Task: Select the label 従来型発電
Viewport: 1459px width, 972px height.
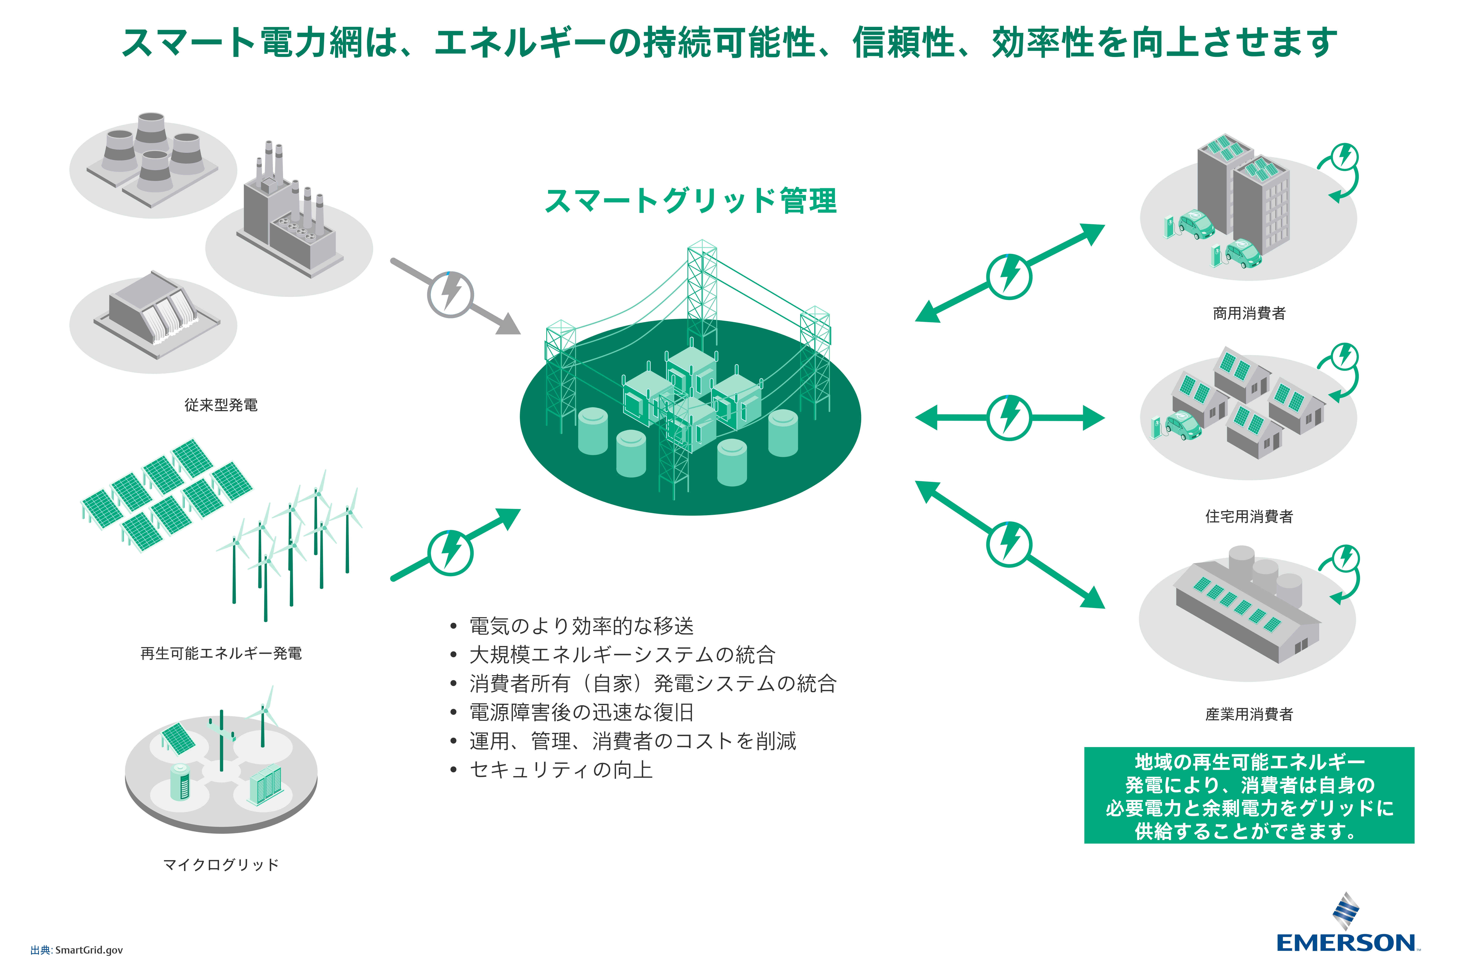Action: click(221, 405)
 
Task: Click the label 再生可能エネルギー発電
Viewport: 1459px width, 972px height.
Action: click(221, 653)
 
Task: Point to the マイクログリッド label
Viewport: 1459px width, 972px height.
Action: click(221, 864)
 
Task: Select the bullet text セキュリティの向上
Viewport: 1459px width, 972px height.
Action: click(561, 770)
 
